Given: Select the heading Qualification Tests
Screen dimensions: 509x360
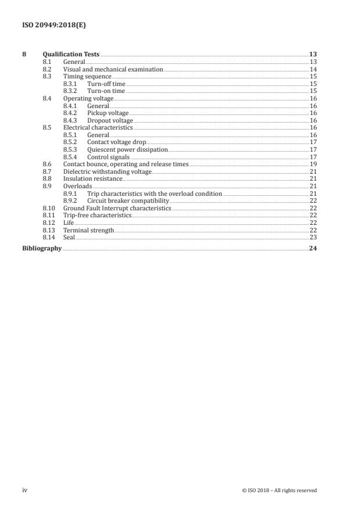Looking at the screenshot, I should coord(71,55).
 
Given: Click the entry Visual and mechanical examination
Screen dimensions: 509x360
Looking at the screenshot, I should coord(113,69).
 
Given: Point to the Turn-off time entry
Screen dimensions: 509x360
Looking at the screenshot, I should coord(106,84).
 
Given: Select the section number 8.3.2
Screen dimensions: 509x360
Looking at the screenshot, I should coord(70,91).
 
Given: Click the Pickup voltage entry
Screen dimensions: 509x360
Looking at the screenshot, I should coord(108,113).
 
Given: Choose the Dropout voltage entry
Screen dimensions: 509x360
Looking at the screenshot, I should coord(110,120).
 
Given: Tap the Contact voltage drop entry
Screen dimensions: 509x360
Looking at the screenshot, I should coord(116,142).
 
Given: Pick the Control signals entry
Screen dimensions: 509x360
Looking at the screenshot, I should coord(109,157).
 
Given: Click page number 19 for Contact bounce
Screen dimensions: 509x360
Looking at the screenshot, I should coord(312,164).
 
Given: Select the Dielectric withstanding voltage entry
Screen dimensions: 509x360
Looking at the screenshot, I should coord(107,172).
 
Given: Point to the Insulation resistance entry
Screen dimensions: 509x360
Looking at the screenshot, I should coord(92,179).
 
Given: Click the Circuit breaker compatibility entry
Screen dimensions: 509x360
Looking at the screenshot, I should coord(128,200).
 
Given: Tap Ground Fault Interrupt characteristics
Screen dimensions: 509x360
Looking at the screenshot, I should coord(117,208).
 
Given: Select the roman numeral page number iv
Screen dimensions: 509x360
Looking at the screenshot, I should coord(25,490).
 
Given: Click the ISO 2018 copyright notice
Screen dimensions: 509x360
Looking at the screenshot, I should coord(279,490).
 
